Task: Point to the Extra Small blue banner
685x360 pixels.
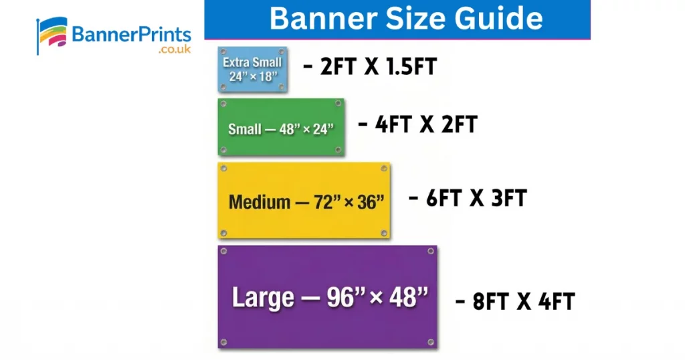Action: point(252,70)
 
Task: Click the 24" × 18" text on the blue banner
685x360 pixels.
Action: point(252,76)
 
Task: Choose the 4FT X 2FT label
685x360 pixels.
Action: point(417,124)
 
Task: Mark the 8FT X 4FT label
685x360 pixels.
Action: point(514,301)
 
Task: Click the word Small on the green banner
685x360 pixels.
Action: point(244,129)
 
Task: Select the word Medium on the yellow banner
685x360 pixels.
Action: point(260,201)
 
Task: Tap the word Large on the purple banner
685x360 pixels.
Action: point(263,297)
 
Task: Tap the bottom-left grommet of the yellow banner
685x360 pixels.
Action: point(223,233)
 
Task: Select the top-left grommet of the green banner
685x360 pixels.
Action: point(223,104)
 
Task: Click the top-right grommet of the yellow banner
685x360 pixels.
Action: point(384,168)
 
